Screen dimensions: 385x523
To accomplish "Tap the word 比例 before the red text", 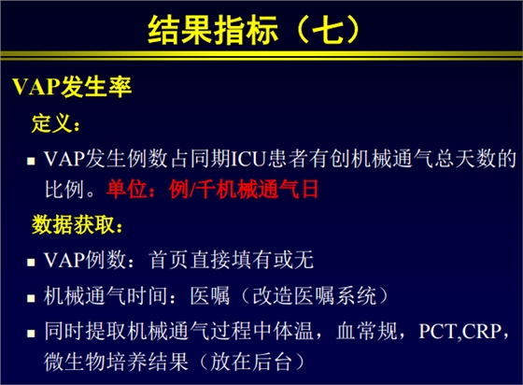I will point(63,189).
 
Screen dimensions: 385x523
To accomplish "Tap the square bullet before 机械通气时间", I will point(30,298).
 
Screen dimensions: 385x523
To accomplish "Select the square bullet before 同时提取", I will point(30,332).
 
